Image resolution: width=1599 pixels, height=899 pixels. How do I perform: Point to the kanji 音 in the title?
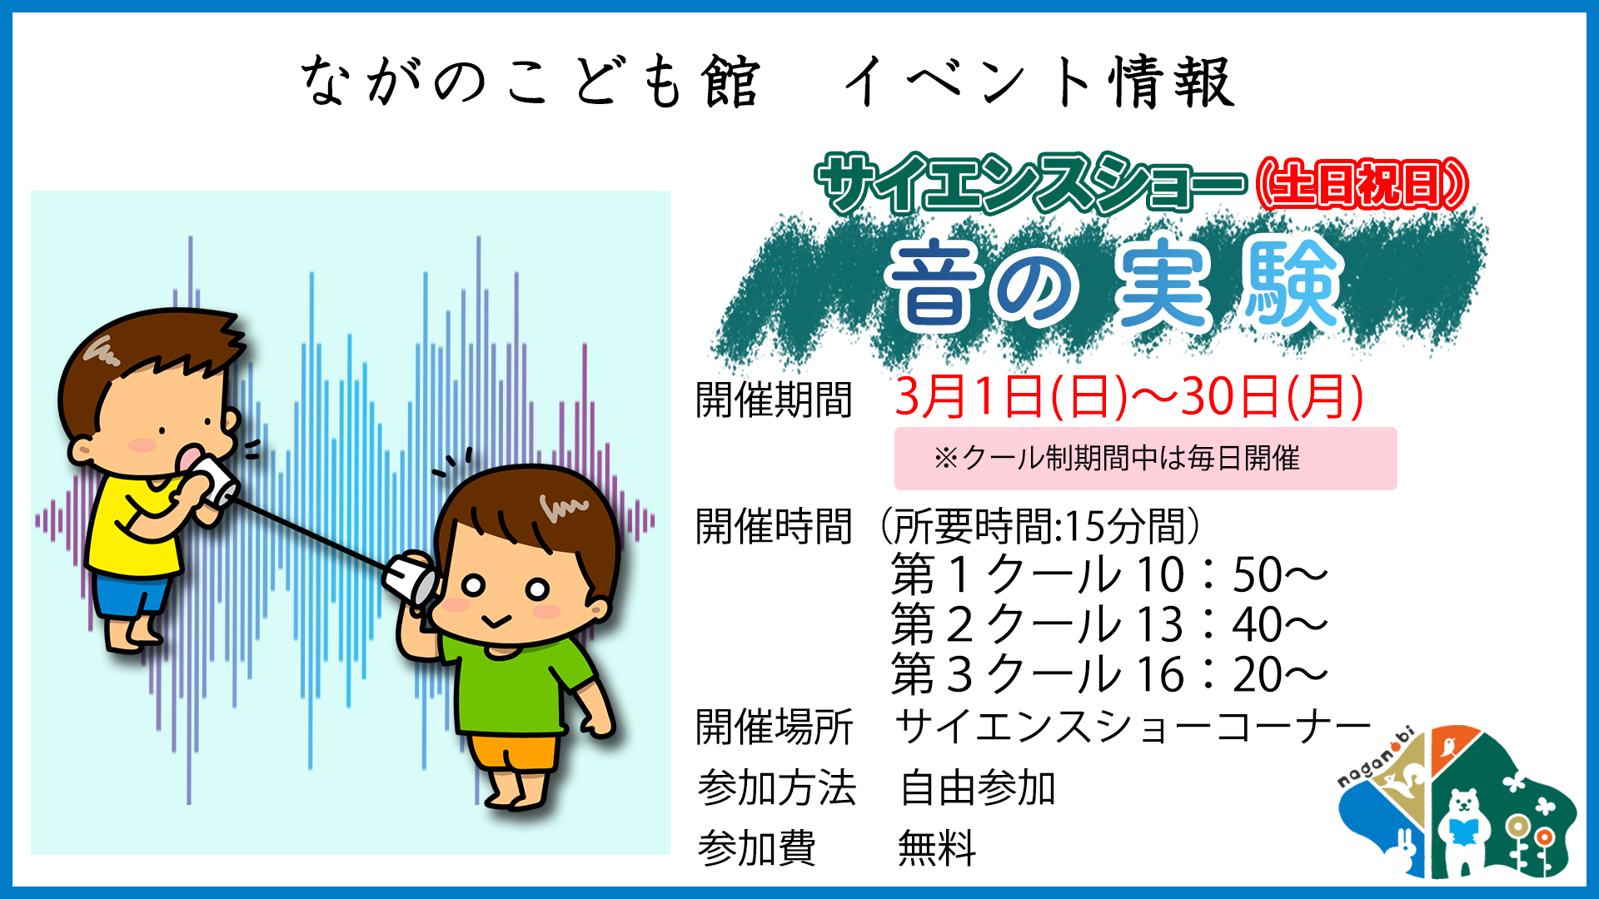(x=934, y=285)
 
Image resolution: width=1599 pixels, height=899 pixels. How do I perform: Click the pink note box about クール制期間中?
(x=1145, y=459)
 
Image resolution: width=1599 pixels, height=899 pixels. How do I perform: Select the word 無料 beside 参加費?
(x=937, y=849)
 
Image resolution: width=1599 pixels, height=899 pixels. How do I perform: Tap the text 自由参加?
(x=978, y=787)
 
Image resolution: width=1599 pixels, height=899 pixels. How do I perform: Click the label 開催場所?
(x=775, y=727)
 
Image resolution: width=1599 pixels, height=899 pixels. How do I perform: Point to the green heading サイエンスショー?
(x=1031, y=184)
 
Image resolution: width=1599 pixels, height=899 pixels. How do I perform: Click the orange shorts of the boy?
(x=513, y=752)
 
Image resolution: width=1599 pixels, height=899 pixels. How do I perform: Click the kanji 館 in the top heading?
(x=730, y=82)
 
